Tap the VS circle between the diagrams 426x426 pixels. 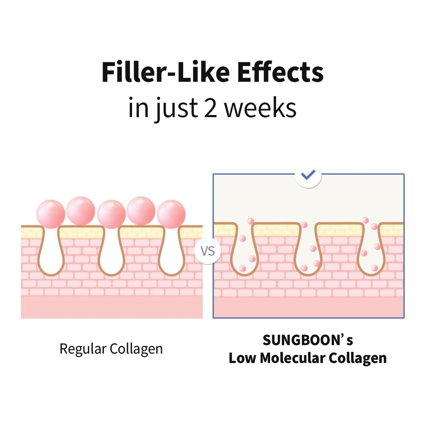(207, 250)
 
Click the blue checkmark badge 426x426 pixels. (308, 174)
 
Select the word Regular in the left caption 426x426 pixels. (83, 349)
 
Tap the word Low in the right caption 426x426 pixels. (242, 358)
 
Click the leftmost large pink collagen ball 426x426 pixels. (51, 213)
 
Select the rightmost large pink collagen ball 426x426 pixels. (171, 214)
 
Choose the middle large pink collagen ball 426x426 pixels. (111, 214)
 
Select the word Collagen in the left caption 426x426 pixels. (136, 349)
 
